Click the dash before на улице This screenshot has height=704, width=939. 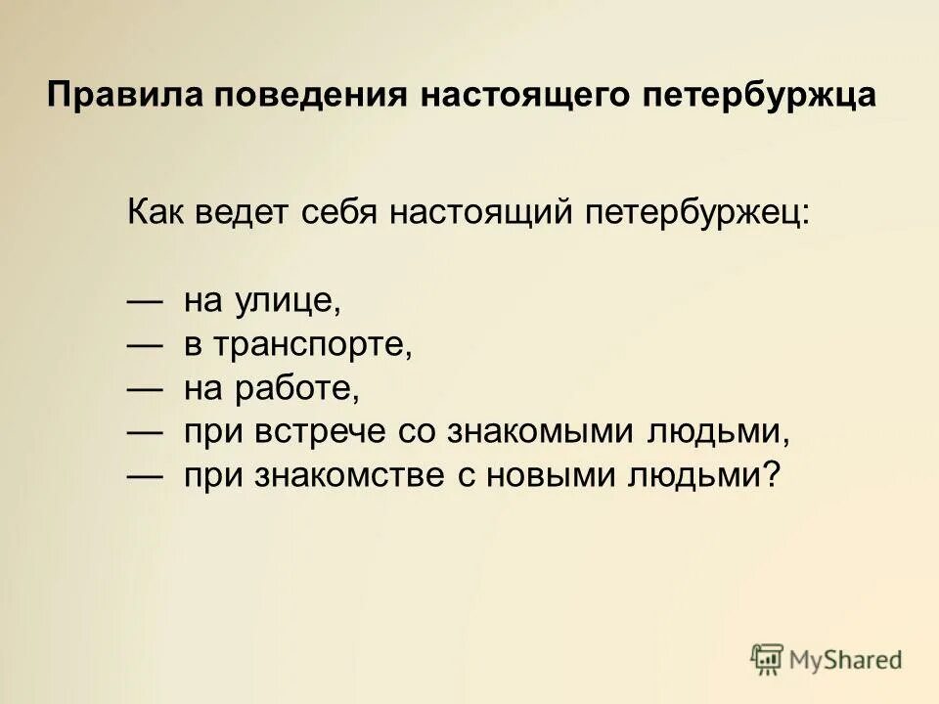pos(145,301)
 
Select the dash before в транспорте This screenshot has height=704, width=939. pos(145,345)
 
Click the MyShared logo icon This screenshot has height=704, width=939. pos(768,659)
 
